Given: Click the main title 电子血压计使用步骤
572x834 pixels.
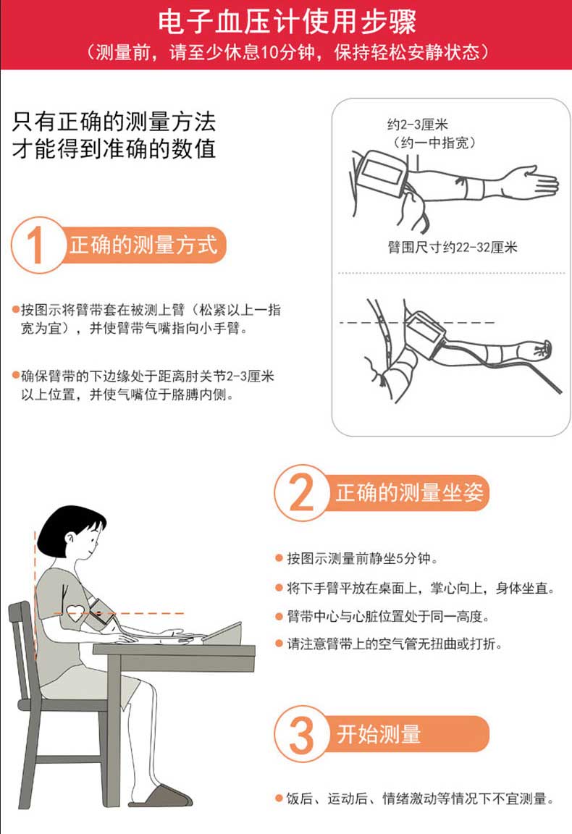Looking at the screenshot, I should [287, 22].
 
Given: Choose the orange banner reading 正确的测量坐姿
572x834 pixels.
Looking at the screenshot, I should [408, 493].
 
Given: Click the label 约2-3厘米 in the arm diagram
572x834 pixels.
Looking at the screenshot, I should [418, 125].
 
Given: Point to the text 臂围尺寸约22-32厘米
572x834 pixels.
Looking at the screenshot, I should [453, 248].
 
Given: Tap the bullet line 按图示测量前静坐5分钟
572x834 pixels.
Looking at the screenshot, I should [363, 558].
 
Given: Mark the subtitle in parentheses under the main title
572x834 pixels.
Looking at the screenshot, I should [287, 52].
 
